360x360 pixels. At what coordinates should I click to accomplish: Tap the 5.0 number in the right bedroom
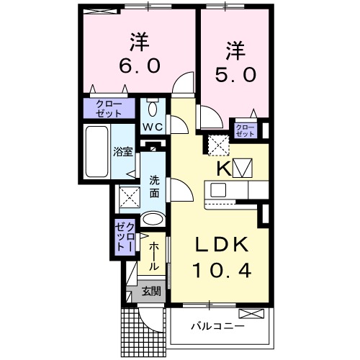pyautogui.click(x=235, y=75)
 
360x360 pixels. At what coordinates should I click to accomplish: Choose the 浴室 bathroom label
pyautogui.click(x=122, y=152)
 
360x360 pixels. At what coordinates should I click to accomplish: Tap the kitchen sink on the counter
pyautogui.click(x=219, y=191)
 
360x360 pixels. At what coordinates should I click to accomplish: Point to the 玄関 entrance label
pyautogui.click(x=150, y=292)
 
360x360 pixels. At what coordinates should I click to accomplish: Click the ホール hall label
pyautogui.click(x=154, y=256)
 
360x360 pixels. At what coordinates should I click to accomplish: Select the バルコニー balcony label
pyautogui.click(x=217, y=326)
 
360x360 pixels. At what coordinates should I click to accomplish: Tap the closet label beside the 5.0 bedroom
pyautogui.click(x=245, y=130)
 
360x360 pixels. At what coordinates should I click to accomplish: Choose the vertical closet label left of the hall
pyautogui.click(x=125, y=237)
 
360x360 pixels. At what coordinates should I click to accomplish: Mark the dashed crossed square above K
pyautogui.click(x=216, y=145)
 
